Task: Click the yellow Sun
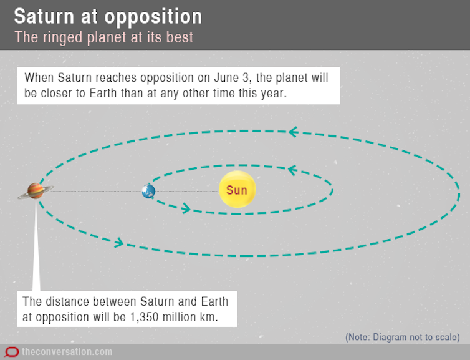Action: [237, 189]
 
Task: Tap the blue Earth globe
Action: [148, 191]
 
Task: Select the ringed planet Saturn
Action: [36, 191]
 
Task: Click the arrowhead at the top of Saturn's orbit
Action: [294, 132]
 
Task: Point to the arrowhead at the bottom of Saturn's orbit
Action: [119, 243]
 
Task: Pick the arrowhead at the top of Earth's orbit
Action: [292, 170]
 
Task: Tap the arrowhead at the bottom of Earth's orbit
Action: [186, 208]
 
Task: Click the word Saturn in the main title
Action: [44, 16]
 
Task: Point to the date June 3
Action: [231, 78]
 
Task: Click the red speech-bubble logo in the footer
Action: [12, 352]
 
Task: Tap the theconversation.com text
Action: [67, 352]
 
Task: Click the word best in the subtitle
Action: [180, 37]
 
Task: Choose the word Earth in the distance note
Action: [214, 301]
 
